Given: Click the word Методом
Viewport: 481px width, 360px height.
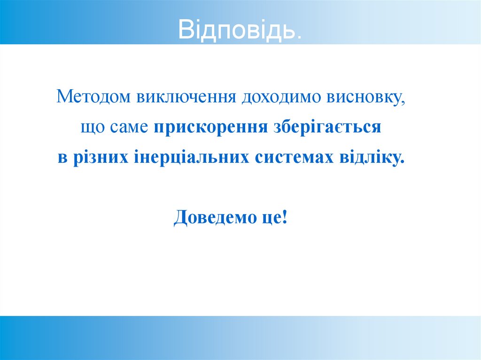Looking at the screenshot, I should pos(94,97).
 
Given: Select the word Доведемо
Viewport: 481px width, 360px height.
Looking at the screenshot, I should pos(211,217).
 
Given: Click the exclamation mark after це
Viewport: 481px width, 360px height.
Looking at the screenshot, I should pos(284,217).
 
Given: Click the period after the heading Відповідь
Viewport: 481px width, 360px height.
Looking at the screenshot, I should pos(299,37).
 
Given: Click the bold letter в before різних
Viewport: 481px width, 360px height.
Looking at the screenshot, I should pos(61,158).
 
